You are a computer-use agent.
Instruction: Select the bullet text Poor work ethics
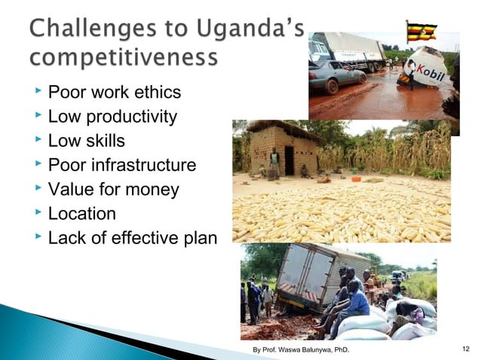click(x=115, y=93)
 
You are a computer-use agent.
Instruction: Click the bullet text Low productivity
click(x=112, y=117)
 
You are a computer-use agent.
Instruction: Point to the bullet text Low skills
click(x=87, y=141)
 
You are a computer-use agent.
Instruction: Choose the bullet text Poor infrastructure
click(x=121, y=165)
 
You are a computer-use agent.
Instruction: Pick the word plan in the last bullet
click(x=198, y=238)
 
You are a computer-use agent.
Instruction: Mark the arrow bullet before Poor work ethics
click(x=38, y=93)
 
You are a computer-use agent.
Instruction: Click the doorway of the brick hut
click(x=290, y=160)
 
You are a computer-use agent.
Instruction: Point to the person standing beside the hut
click(x=274, y=161)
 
